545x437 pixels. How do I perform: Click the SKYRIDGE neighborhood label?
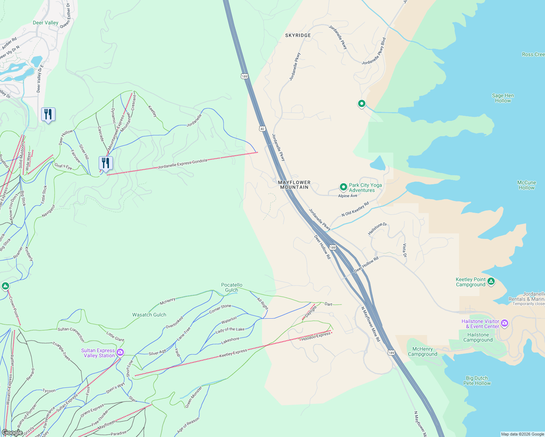(298, 35)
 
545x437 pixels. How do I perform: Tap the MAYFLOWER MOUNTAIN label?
(294, 185)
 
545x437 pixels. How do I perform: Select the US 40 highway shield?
(262, 129)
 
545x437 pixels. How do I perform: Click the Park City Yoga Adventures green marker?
(343, 187)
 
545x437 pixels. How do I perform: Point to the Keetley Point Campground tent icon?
(491, 281)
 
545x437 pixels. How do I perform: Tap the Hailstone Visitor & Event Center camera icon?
(505, 323)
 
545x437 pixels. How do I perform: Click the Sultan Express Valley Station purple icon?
(120, 352)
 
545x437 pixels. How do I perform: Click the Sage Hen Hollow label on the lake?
(503, 98)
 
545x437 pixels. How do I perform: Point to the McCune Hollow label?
(526, 185)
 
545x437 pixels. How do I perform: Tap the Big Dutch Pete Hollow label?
(477, 381)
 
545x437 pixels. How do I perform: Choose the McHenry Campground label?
(423, 351)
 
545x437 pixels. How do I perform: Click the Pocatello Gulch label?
(232, 287)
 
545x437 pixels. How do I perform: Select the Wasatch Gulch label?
(149, 315)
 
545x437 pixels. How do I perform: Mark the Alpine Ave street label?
(348, 196)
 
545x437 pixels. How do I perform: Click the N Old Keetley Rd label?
(355, 209)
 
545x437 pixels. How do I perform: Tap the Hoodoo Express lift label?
(316, 336)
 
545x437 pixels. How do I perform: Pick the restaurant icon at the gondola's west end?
(106, 164)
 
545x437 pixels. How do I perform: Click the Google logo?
(12, 433)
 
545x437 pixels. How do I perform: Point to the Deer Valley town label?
(46, 23)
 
